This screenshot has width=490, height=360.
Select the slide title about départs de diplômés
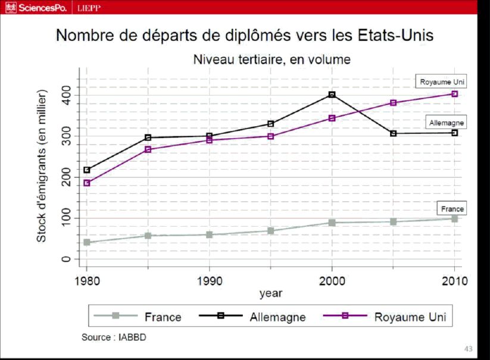pos(245,35)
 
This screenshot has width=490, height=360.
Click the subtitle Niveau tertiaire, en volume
pos(271,60)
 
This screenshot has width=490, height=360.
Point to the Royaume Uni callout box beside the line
pos(441,82)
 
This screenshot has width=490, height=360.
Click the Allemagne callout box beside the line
pos(447,123)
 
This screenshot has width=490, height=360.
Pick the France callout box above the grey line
pos(452,209)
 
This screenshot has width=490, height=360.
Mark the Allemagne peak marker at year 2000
pos(332,95)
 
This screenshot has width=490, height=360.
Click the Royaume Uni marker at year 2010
pos(455,94)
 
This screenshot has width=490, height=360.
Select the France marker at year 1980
pos(87,242)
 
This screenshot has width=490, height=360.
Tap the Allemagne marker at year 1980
pos(87,170)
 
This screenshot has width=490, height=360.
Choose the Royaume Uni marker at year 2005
pos(394,103)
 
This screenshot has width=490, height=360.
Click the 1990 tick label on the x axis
pos(209,280)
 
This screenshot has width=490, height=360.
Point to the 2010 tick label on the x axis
pos(454,280)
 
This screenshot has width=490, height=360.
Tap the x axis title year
pos(271,293)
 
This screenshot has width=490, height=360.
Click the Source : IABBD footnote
pos(114,337)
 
